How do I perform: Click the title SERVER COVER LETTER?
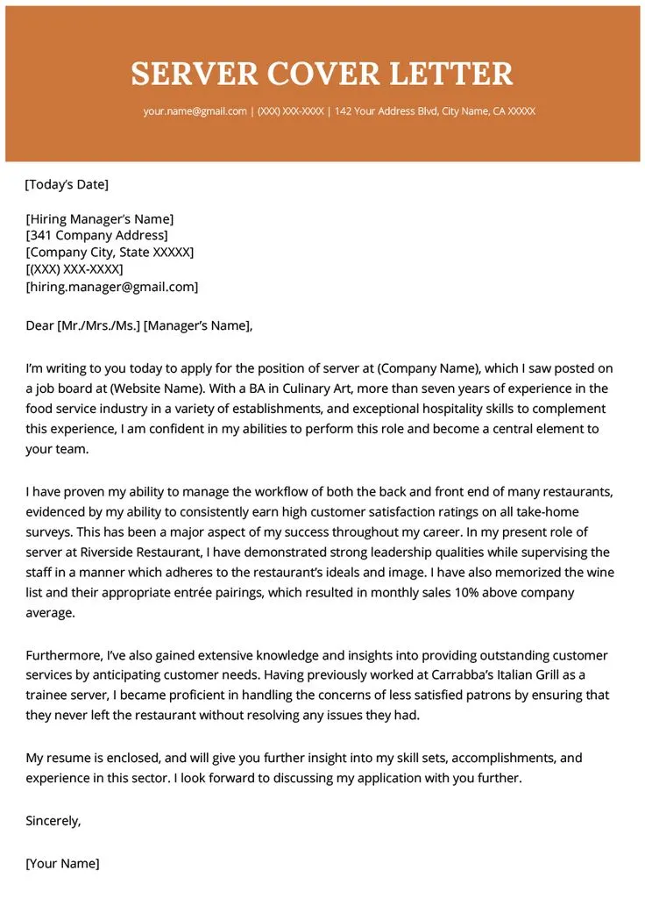coord(322,73)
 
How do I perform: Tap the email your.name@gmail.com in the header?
coord(195,111)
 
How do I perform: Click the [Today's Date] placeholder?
coord(67,184)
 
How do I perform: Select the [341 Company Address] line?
coord(96,236)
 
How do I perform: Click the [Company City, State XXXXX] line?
coord(110,253)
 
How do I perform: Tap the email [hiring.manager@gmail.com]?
coord(112,287)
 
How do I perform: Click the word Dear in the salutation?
coord(39,326)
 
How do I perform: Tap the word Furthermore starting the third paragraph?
coord(64,656)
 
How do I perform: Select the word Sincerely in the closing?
coord(53,821)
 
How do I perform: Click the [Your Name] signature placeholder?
coord(63,864)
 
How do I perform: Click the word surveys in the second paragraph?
coord(51,532)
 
